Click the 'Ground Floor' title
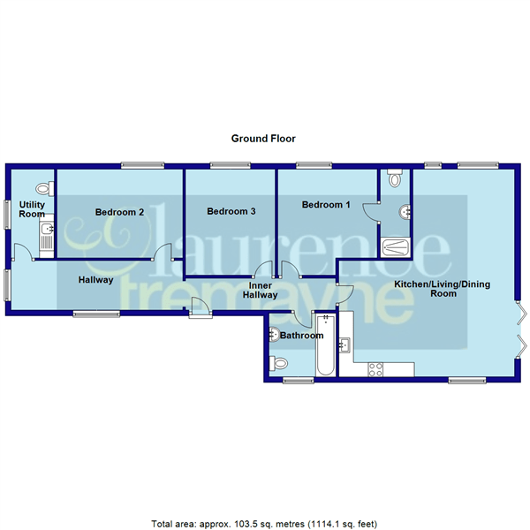(263, 139)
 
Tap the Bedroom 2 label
(119, 212)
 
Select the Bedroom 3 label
(231, 212)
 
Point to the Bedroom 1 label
(326, 205)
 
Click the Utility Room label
(32, 208)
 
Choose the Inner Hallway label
(261, 291)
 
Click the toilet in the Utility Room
(42, 189)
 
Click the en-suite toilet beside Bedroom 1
(395, 179)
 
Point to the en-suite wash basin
(404, 211)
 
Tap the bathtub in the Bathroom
(326, 346)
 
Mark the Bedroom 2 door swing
(160, 254)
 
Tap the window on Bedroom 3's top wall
(230, 165)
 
